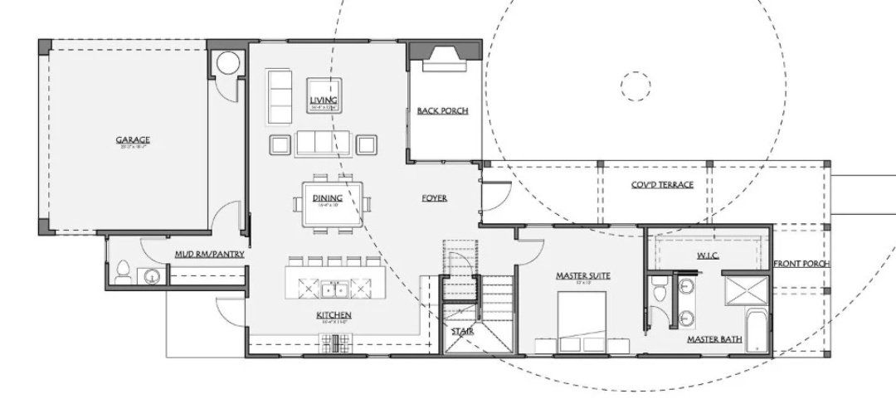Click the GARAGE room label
[x=133, y=139]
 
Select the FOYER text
[x=434, y=198]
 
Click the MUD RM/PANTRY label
[x=209, y=254]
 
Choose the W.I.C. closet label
[x=708, y=255]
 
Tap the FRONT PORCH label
[x=801, y=264]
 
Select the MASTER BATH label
[x=713, y=338]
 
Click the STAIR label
[x=461, y=331]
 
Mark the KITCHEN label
[x=334, y=315]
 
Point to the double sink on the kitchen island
[x=334, y=288]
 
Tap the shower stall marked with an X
[x=747, y=292]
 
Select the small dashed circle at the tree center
[x=635, y=85]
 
